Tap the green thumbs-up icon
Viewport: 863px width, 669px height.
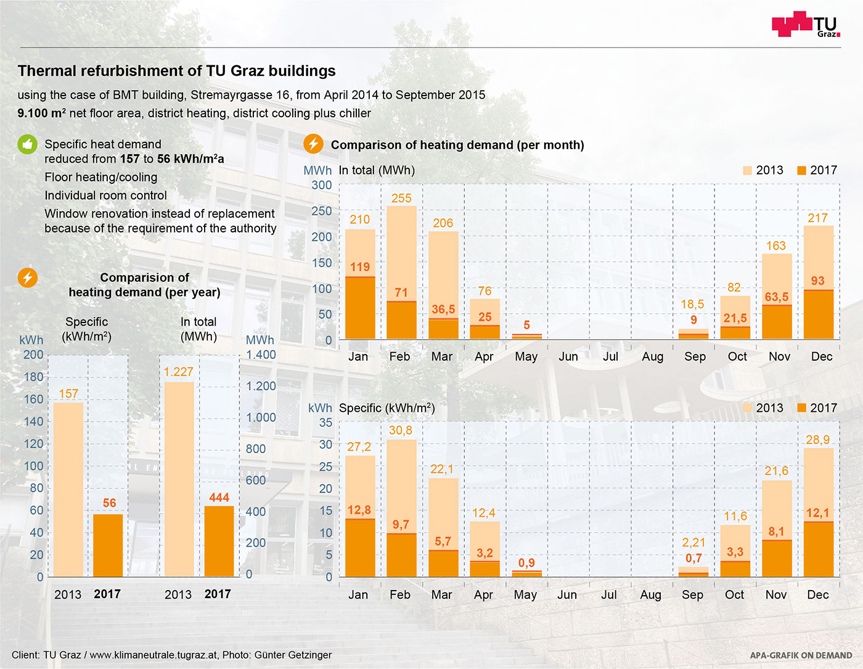pyautogui.click(x=27, y=144)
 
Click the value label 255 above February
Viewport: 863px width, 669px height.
pyautogui.click(x=401, y=198)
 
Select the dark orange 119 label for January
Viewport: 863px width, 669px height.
pyautogui.click(x=360, y=267)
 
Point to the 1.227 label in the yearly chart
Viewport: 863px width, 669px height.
pyautogui.click(x=178, y=372)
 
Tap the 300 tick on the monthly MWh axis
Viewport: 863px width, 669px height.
pyautogui.click(x=322, y=185)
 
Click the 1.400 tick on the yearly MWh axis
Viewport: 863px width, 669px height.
pyautogui.click(x=261, y=355)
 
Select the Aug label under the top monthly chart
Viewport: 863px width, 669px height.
pyautogui.click(x=652, y=356)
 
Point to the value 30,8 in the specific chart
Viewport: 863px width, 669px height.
pyautogui.click(x=401, y=430)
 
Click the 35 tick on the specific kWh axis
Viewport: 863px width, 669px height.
pyautogui.click(x=325, y=423)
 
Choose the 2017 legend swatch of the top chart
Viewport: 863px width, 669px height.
pyautogui.click(x=801, y=170)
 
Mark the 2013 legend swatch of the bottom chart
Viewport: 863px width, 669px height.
pyautogui.click(x=748, y=408)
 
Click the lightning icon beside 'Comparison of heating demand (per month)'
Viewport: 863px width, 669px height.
pyautogui.click(x=313, y=144)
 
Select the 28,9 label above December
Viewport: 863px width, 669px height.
pyautogui.click(x=817, y=440)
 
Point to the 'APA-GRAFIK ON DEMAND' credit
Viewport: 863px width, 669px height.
pyautogui.click(x=801, y=655)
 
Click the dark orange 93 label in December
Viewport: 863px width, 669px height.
pyautogui.click(x=817, y=281)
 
